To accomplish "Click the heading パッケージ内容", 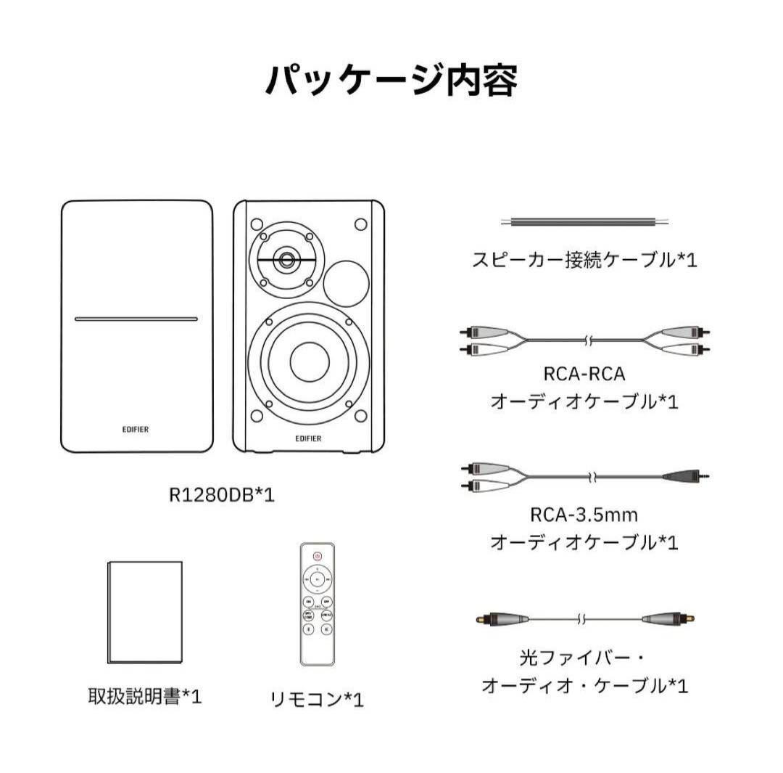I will click(391, 80).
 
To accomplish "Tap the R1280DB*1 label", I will click(221, 496).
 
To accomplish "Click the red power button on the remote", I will click(317, 556).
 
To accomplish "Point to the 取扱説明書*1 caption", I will click(144, 697).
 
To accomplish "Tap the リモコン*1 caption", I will click(317, 700).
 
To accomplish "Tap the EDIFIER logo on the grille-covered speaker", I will click(137, 428).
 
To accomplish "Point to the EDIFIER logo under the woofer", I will click(309, 438).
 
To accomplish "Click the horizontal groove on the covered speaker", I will click(136, 318).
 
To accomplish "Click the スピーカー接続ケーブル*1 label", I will click(584, 260).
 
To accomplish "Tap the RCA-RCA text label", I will click(584, 375).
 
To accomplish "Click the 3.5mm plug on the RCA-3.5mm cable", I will click(685, 477).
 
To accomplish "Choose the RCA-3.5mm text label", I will click(584, 515).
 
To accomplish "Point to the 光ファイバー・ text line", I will click(584, 659).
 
